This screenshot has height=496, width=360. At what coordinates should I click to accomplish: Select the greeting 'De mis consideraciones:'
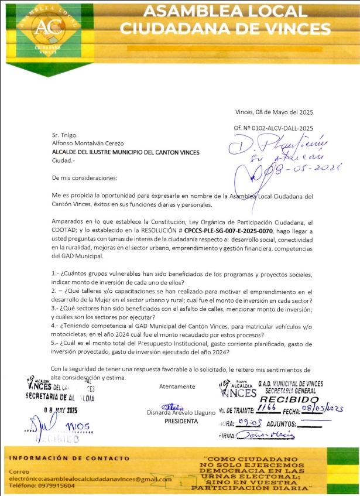[84, 177]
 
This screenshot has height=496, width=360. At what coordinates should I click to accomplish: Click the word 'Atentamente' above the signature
[177, 386]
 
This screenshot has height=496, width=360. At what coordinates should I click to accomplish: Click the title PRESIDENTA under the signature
[181, 421]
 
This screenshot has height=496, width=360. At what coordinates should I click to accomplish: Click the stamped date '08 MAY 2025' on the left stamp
[61, 410]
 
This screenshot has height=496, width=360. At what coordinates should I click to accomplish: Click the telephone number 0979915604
[54, 486]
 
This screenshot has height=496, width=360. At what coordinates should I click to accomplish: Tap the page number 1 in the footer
[181, 484]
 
